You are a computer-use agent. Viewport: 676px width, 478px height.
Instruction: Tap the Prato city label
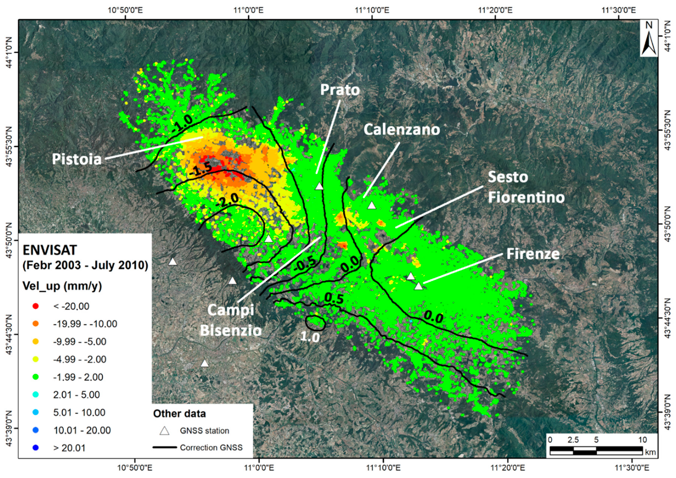tap(340, 90)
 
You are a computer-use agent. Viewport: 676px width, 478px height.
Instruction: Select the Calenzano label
tap(402, 130)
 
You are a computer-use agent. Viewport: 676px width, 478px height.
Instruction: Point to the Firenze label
tap(533, 254)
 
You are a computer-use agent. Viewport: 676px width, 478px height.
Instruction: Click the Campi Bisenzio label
tap(231, 320)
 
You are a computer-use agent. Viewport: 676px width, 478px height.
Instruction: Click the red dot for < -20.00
tap(36, 306)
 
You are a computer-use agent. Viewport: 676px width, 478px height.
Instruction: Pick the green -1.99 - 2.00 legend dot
tap(36, 377)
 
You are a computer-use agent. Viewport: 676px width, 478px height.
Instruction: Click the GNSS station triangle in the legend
tap(164, 431)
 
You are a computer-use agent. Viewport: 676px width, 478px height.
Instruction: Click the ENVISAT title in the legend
tap(50, 251)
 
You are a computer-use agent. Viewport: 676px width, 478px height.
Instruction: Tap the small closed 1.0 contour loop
tap(315, 323)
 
